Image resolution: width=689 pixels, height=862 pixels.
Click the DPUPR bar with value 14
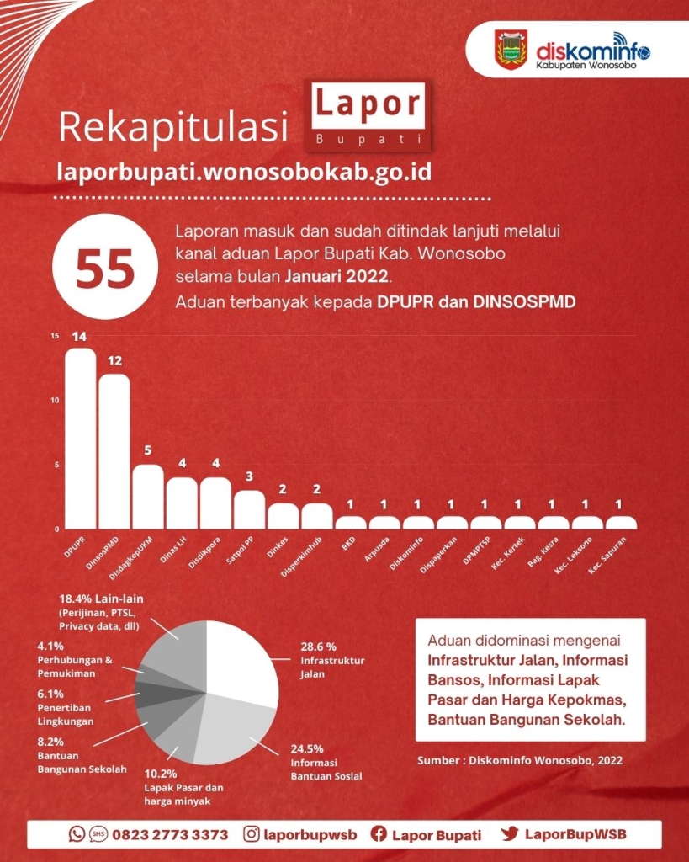click(80, 438)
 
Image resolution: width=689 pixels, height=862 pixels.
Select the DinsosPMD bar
click(114, 451)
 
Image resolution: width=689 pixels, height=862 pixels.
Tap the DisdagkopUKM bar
click(148, 497)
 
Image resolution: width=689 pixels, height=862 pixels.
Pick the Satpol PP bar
click(250, 509)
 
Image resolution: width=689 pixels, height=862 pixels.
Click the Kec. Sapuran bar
click(621, 523)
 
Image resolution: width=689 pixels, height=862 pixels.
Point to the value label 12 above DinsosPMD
click(114, 361)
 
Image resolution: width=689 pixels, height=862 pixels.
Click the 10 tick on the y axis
click(55, 400)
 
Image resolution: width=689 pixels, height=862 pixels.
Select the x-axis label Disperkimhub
click(302, 557)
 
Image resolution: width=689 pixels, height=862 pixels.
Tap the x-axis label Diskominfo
click(407, 554)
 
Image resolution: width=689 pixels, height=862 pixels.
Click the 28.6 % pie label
click(319, 647)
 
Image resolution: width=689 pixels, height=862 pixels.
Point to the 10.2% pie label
click(161, 774)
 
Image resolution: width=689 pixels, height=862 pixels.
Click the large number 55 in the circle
click(105, 268)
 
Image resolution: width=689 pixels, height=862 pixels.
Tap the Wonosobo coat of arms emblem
click(511, 50)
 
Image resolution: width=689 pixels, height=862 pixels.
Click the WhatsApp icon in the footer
click(77, 834)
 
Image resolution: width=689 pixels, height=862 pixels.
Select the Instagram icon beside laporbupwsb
click(251, 834)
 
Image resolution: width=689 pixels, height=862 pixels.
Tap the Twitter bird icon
click(509, 833)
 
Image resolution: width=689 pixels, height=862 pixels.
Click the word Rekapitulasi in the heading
click(173, 126)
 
